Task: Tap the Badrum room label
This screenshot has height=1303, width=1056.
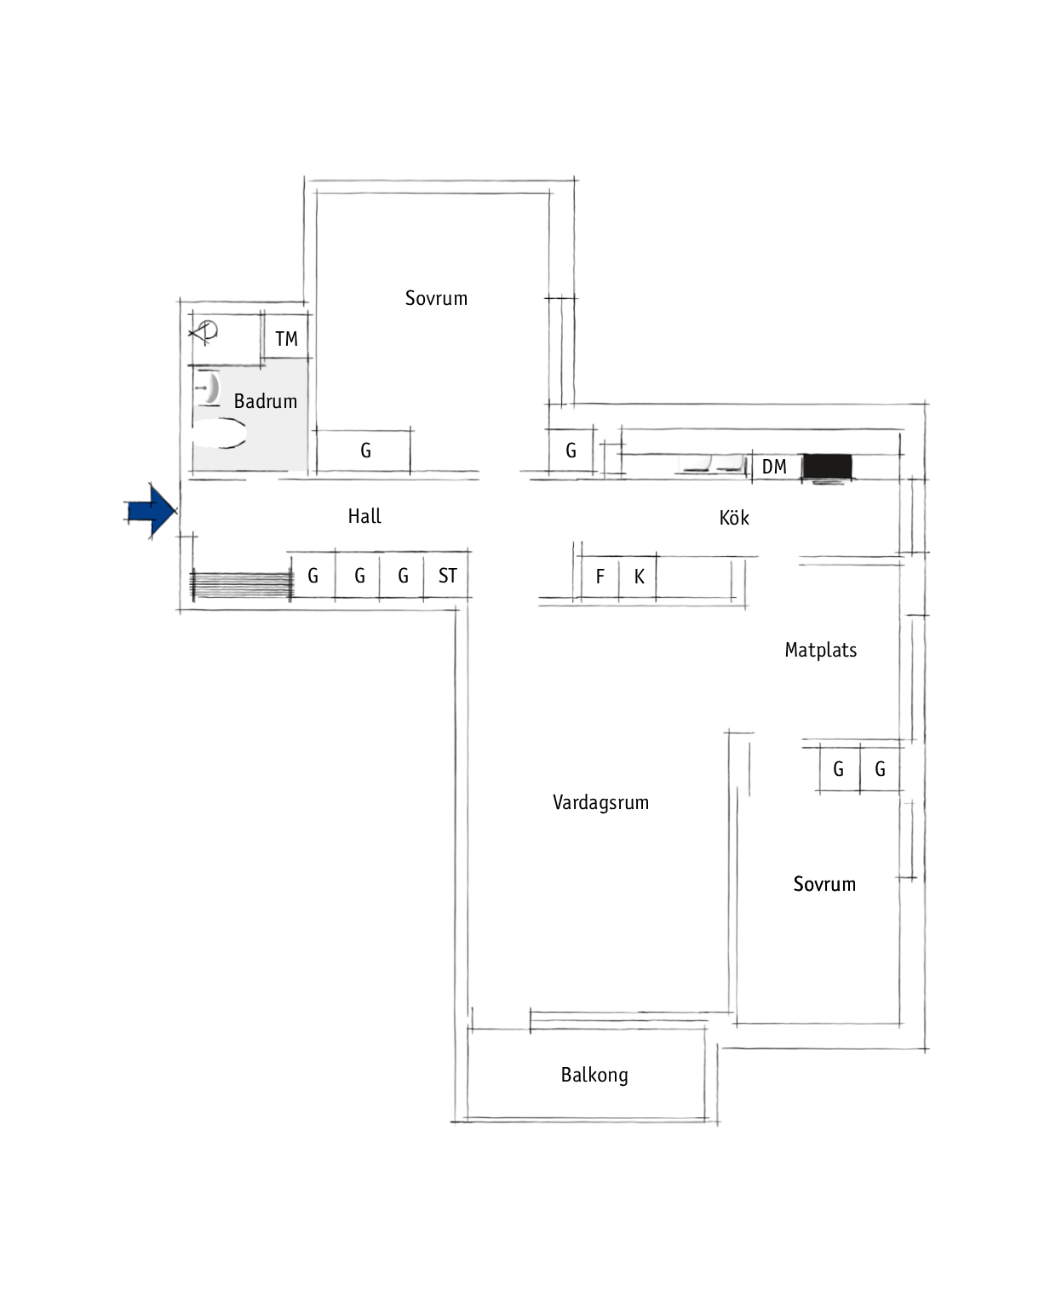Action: [x=266, y=401]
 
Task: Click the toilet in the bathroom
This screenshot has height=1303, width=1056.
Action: [x=219, y=433]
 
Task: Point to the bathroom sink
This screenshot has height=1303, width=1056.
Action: [x=208, y=387]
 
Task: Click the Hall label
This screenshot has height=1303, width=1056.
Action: [x=364, y=516]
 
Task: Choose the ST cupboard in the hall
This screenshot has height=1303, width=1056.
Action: [x=446, y=575]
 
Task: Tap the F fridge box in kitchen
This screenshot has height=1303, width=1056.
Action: [x=600, y=577]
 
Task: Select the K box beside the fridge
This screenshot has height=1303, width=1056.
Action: [x=638, y=577]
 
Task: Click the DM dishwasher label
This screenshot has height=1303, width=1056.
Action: [x=774, y=467]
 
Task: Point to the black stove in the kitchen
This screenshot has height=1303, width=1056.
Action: [x=827, y=468]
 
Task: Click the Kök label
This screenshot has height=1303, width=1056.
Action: [x=734, y=518]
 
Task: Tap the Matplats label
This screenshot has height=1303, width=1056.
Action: [x=820, y=650]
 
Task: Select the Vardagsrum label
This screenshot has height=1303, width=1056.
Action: [x=600, y=802]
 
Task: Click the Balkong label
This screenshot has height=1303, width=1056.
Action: [x=594, y=1075]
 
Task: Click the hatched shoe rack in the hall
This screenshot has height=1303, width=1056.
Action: [x=242, y=585]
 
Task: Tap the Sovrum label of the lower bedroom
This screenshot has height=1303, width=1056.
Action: [x=824, y=884]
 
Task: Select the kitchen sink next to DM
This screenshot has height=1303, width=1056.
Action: [x=713, y=463]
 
